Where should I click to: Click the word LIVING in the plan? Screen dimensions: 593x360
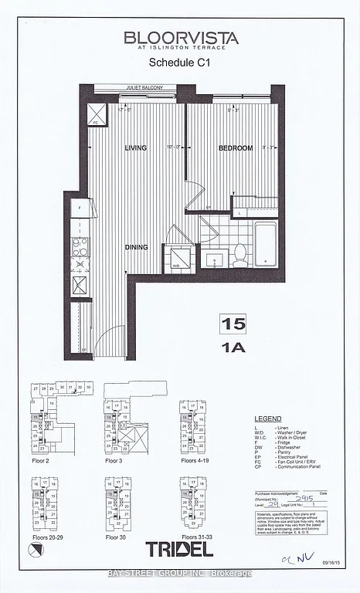point(136,147)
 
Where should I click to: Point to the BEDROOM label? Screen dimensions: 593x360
point(235,147)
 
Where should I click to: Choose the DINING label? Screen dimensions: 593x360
point(137,247)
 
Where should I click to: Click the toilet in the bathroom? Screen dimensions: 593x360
point(240,252)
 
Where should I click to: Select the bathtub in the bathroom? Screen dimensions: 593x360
point(265,242)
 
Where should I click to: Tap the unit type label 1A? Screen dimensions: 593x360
point(230,347)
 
